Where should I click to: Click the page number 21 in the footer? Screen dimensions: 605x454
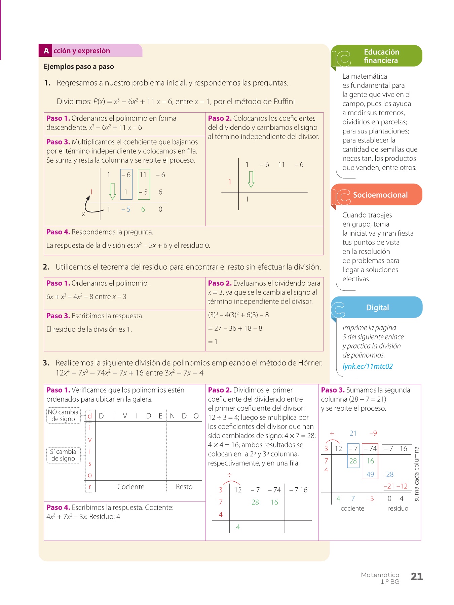click(417, 576)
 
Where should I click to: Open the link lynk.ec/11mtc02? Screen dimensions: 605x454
click(367, 366)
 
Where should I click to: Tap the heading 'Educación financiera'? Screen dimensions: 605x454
click(381, 56)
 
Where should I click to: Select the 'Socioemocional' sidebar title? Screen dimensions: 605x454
click(380, 195)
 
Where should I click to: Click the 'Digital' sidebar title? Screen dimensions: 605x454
click(377, 308)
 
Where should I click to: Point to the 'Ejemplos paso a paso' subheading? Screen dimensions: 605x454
click(79, 67)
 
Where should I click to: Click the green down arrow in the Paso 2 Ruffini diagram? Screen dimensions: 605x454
click(251, 179)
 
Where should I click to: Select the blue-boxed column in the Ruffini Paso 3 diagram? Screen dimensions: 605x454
click(126, 184)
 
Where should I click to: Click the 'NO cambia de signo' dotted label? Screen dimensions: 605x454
click(63, 415)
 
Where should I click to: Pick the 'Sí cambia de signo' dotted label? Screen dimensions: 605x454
click(63, 455)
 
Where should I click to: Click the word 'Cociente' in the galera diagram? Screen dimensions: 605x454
click(131, 487)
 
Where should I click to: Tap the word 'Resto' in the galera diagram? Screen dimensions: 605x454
click(184, 487)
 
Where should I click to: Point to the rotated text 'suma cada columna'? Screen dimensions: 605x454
click(417, 474)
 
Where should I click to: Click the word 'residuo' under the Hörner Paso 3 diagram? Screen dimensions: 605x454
click(398, 509)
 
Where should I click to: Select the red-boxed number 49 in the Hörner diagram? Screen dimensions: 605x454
click(370, 474)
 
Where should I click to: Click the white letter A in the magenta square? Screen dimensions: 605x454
click(46, 51)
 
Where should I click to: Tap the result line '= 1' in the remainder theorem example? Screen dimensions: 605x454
click(213, 342)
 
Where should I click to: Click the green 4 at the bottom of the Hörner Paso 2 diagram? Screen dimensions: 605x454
click(238, 527)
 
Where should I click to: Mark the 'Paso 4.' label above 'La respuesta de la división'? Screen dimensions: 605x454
click(58, 232)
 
